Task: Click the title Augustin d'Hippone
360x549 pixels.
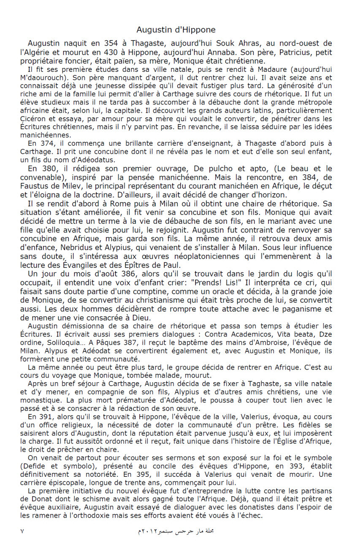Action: point(176,30)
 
